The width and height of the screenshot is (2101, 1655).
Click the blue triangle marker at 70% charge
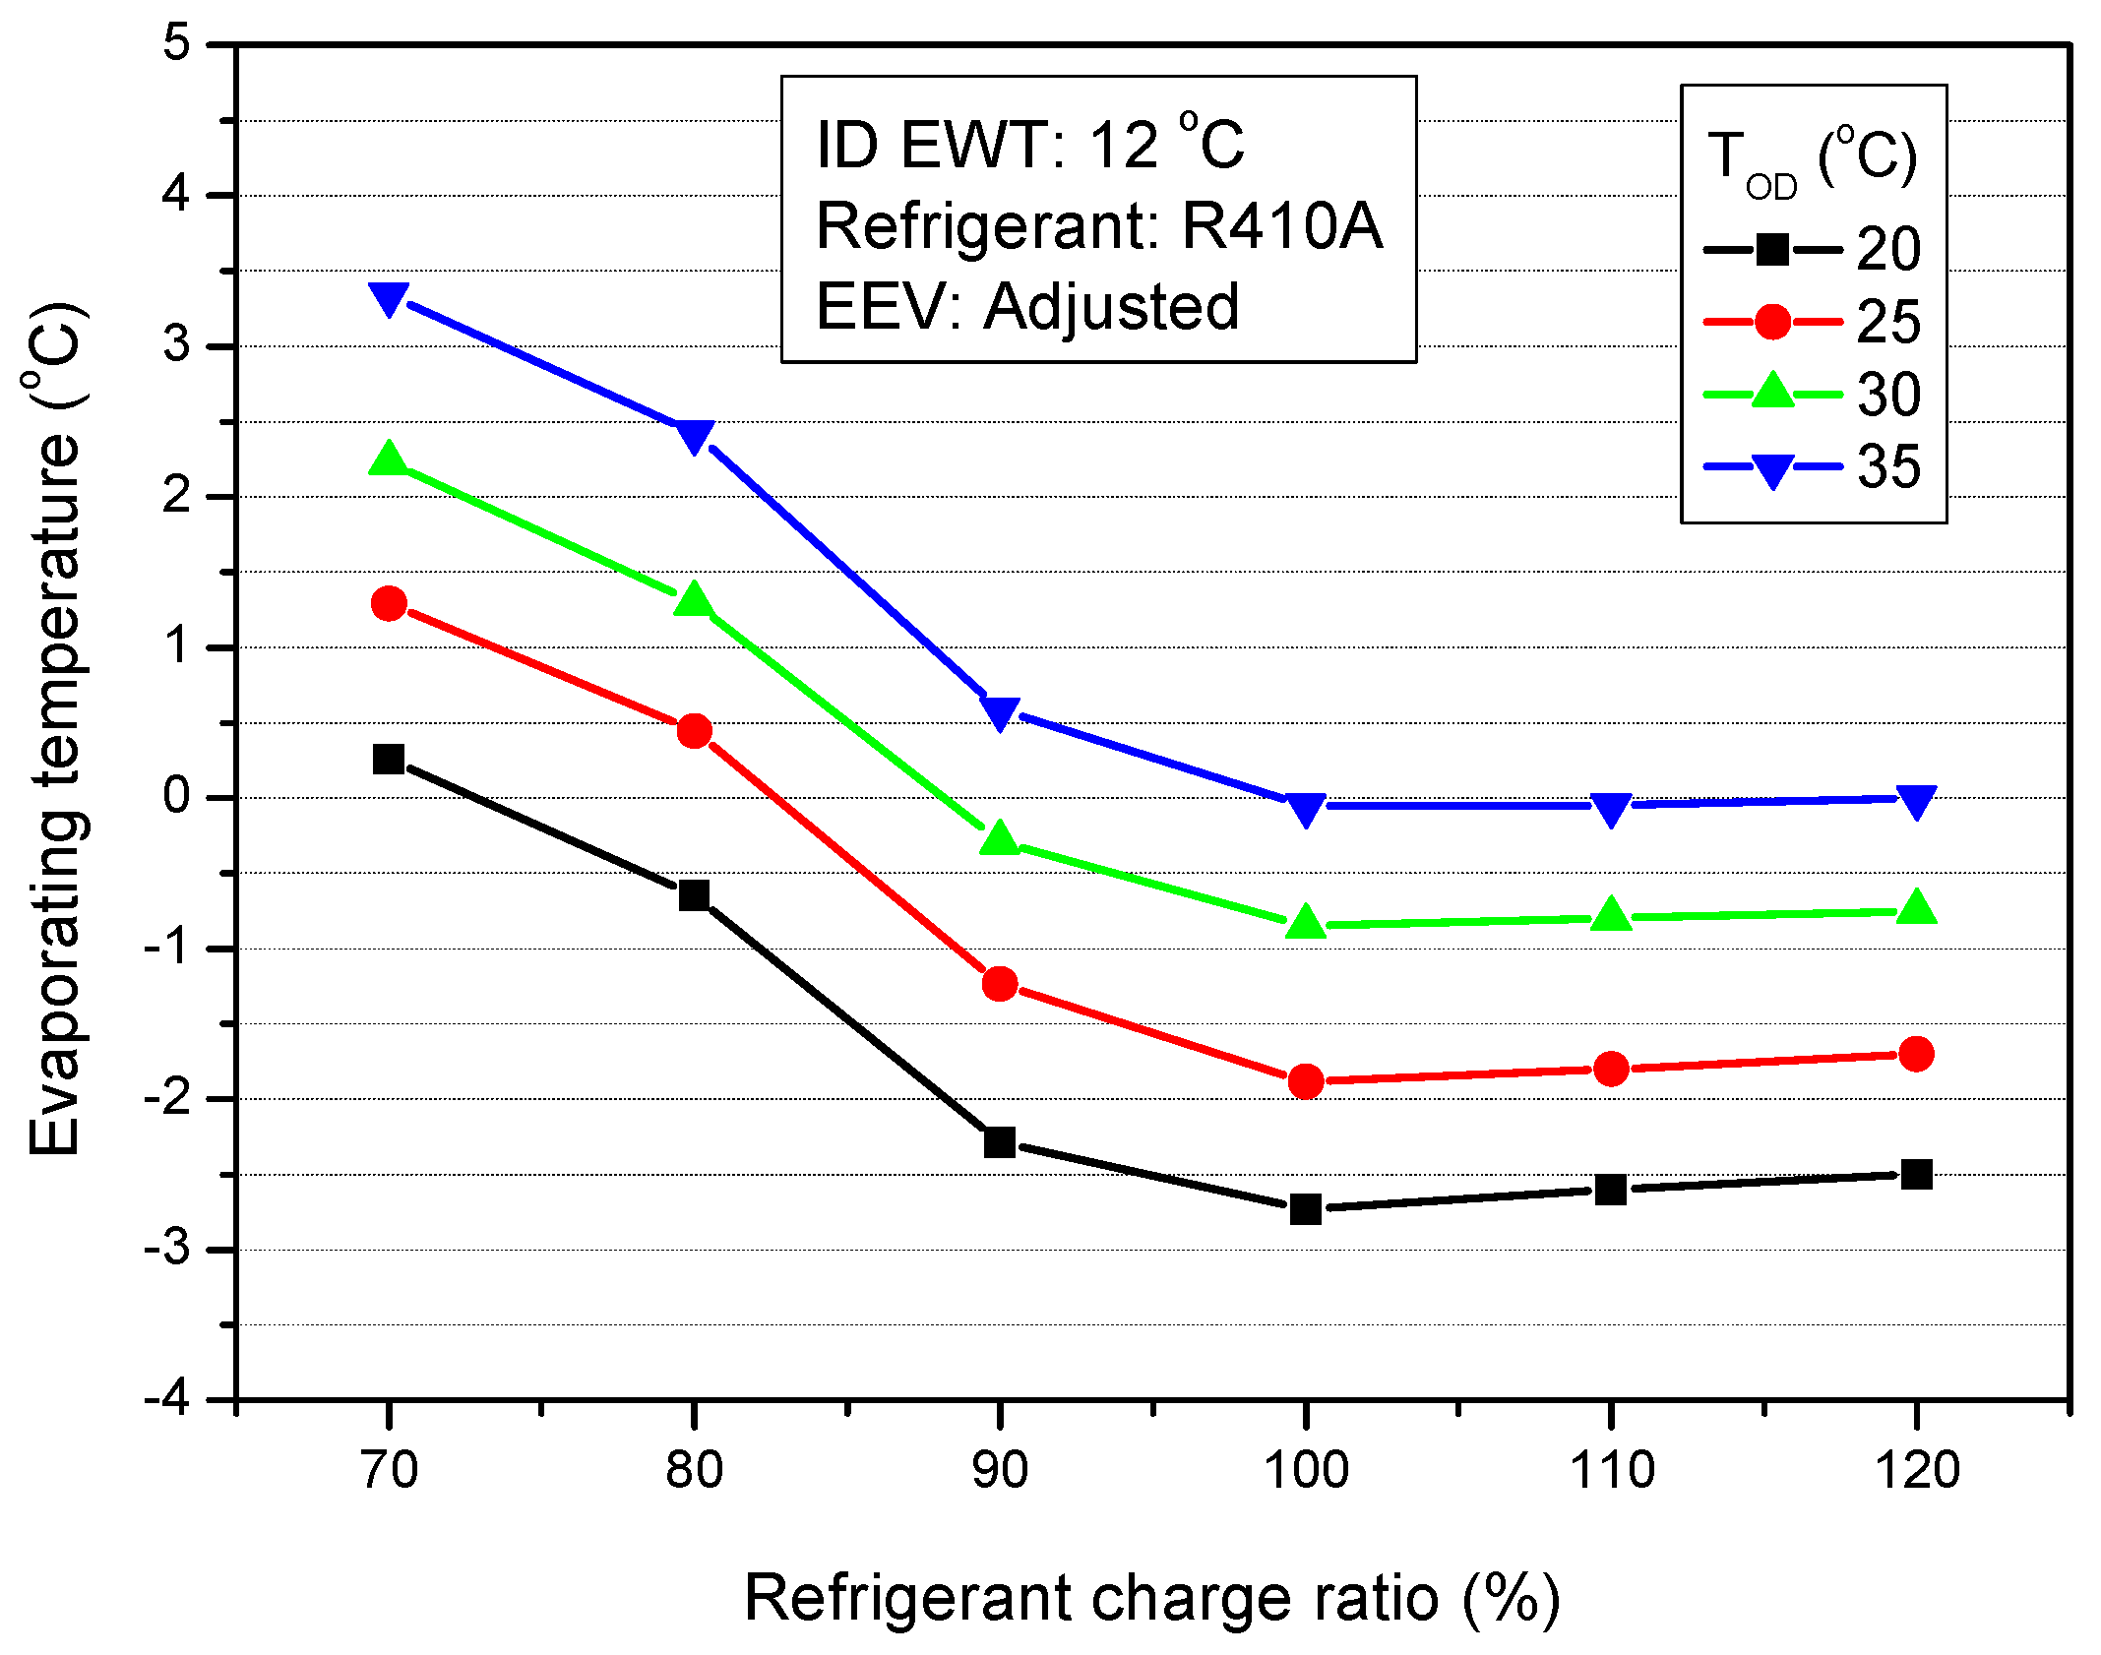point(389,298)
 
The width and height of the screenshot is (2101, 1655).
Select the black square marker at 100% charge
point(1305,1207)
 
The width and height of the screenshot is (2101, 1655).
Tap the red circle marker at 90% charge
point(1000,983)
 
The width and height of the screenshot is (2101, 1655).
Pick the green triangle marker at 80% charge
point(694,599)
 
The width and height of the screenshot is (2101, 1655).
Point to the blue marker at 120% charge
point(1916,801)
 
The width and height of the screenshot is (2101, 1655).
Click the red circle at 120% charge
point(1916,1054)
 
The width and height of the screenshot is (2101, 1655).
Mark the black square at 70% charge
point(389,759)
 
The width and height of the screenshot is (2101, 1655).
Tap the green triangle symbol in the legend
point(1772,392)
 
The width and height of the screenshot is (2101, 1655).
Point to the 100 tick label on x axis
point(1305,1470)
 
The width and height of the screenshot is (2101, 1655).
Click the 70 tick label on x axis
point(390,1470)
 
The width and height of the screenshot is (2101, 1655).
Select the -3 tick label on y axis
point(166,1249)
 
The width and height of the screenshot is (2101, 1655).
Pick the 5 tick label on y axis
point(176,44)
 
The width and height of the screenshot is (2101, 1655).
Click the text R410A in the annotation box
point(1282,226)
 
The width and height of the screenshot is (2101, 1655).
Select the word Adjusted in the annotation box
point(1111,306)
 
